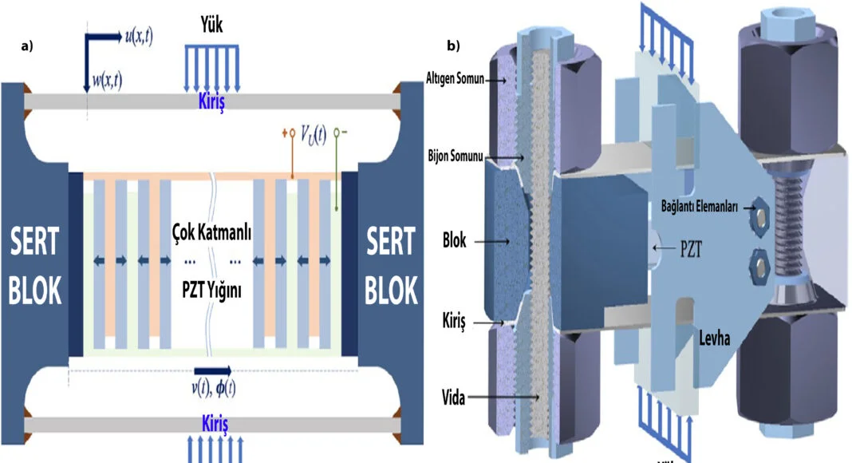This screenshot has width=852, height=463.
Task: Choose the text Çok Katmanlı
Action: (x=211, y=232)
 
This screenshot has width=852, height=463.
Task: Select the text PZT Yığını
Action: (x=211, y=291)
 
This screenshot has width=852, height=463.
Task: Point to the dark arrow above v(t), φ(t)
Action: (x=213, y=371)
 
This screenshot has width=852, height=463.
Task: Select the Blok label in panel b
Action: (x=455, y=238)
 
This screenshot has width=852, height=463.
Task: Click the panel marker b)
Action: (x=453, y=46)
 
